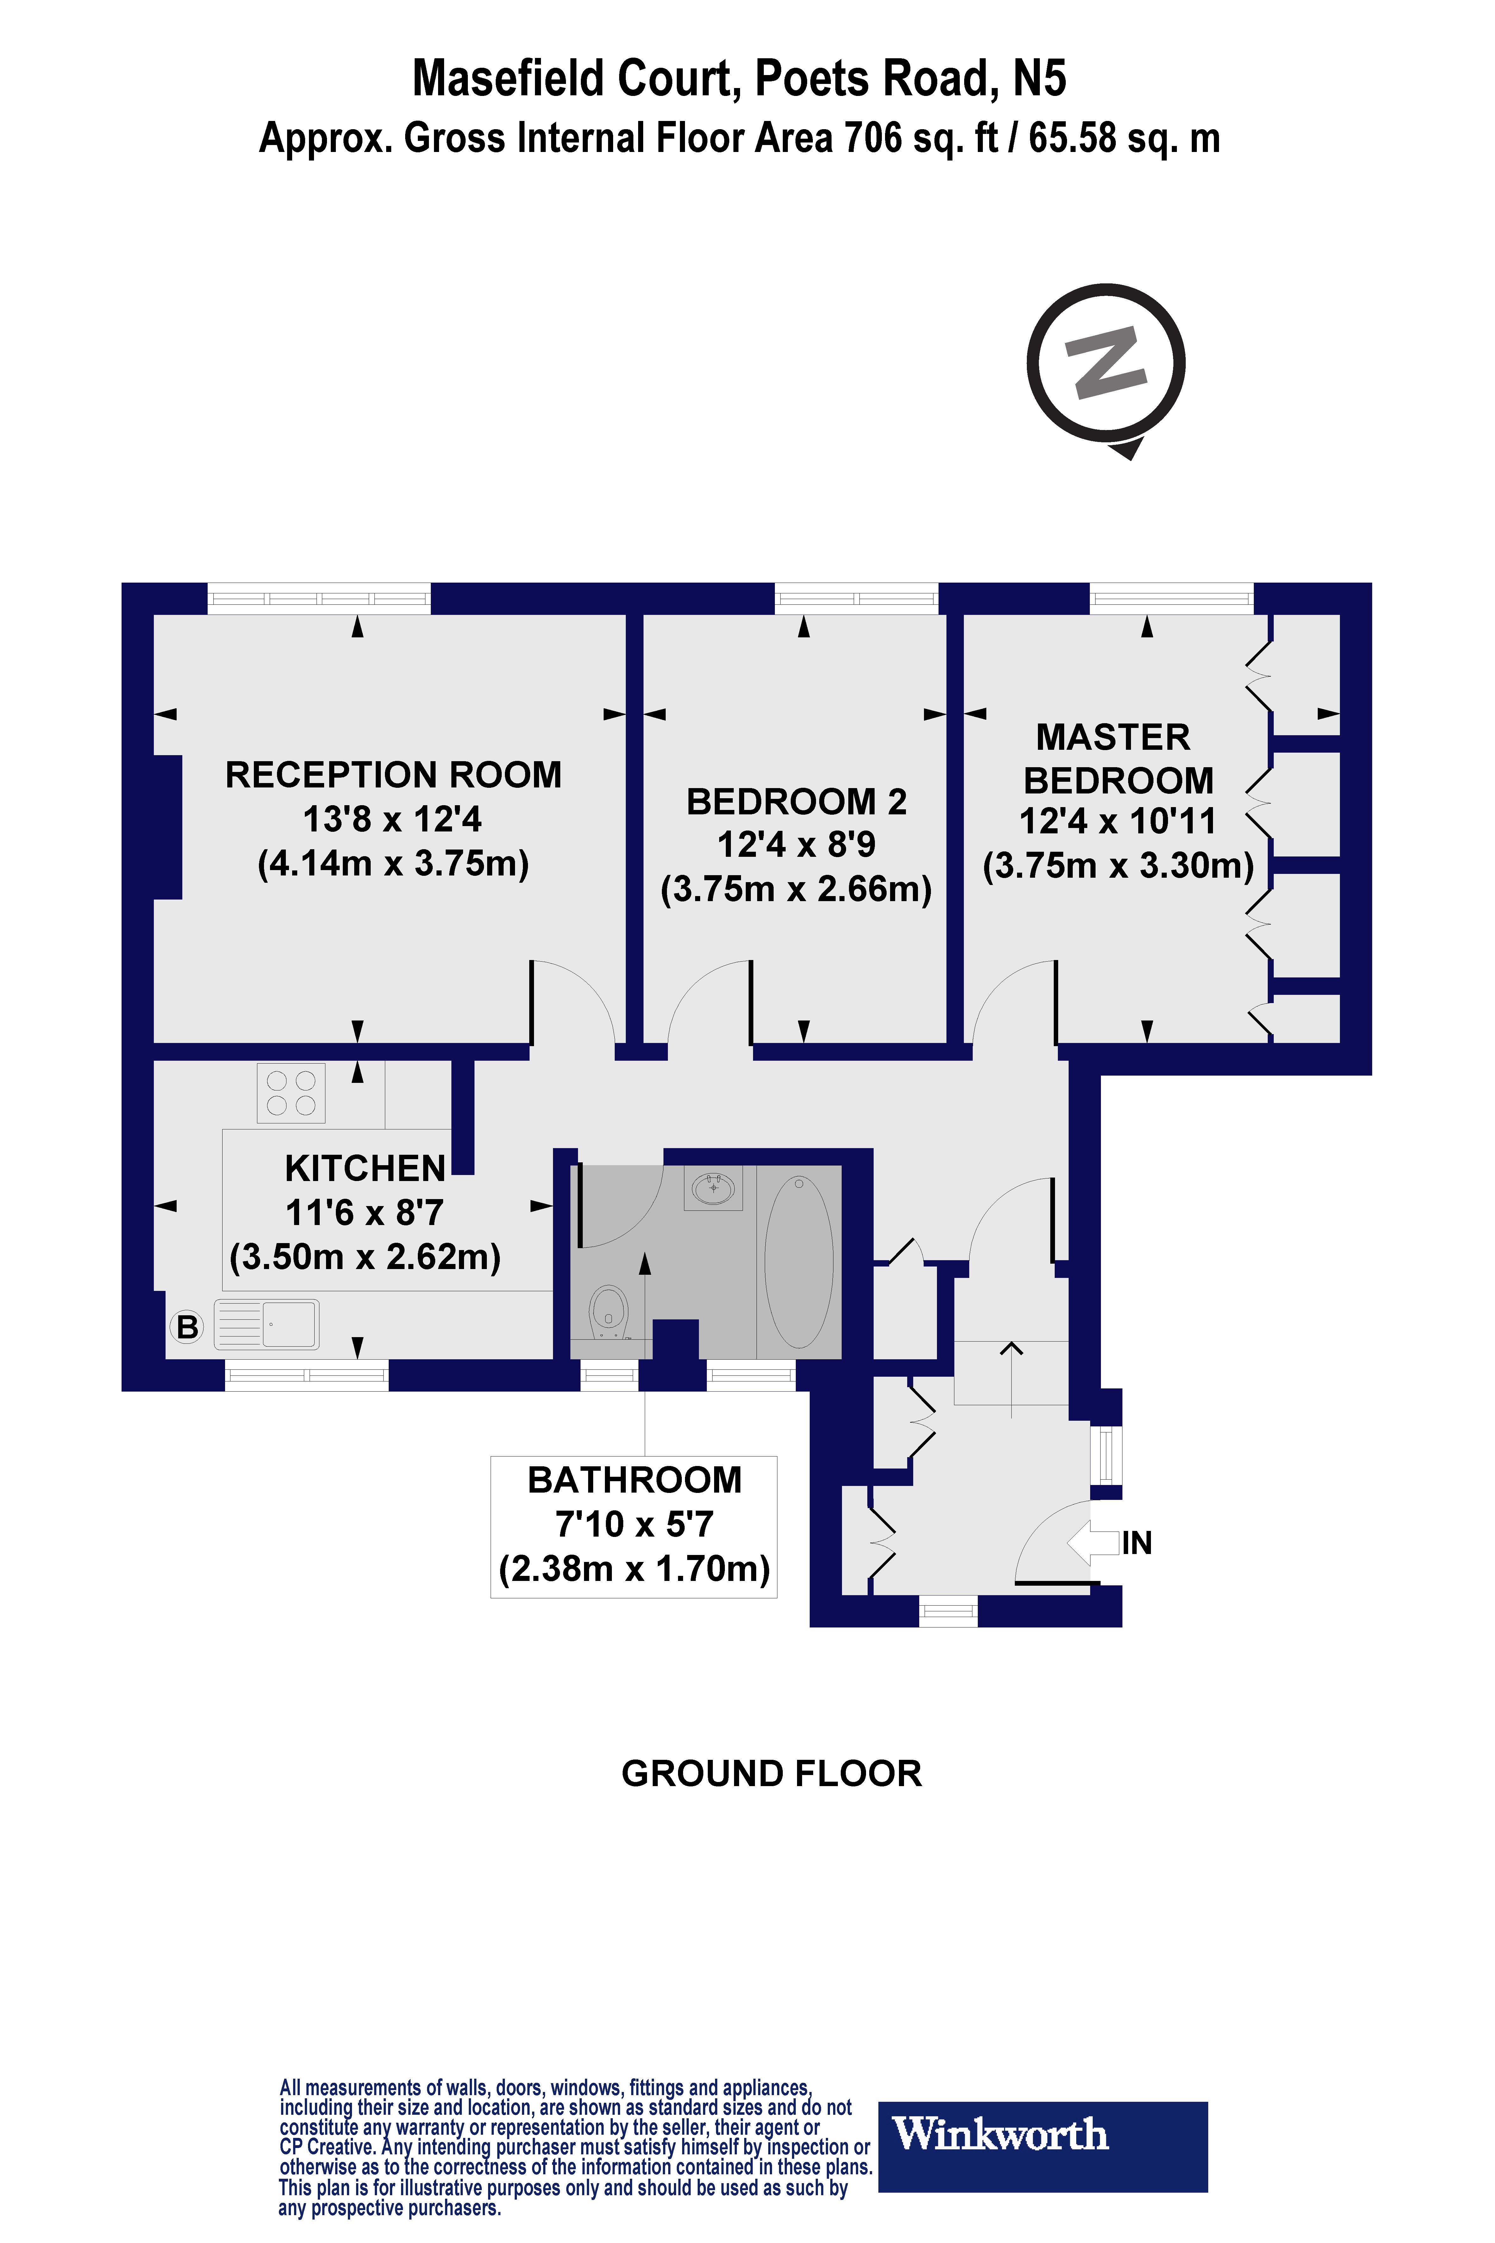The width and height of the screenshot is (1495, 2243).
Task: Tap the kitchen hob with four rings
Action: click(291, 1093)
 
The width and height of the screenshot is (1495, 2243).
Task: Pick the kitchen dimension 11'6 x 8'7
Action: click(365, 1213)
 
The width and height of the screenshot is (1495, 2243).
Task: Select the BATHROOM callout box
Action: click(634, 1526)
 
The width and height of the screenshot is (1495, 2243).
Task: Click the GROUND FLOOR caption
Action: click(771, 1774)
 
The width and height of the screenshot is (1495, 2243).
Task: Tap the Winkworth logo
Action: click(1042, 2134)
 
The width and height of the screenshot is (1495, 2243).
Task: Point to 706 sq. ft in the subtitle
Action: click(920, 138)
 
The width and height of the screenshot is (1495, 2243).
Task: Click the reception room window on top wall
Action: click(319, 599)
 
